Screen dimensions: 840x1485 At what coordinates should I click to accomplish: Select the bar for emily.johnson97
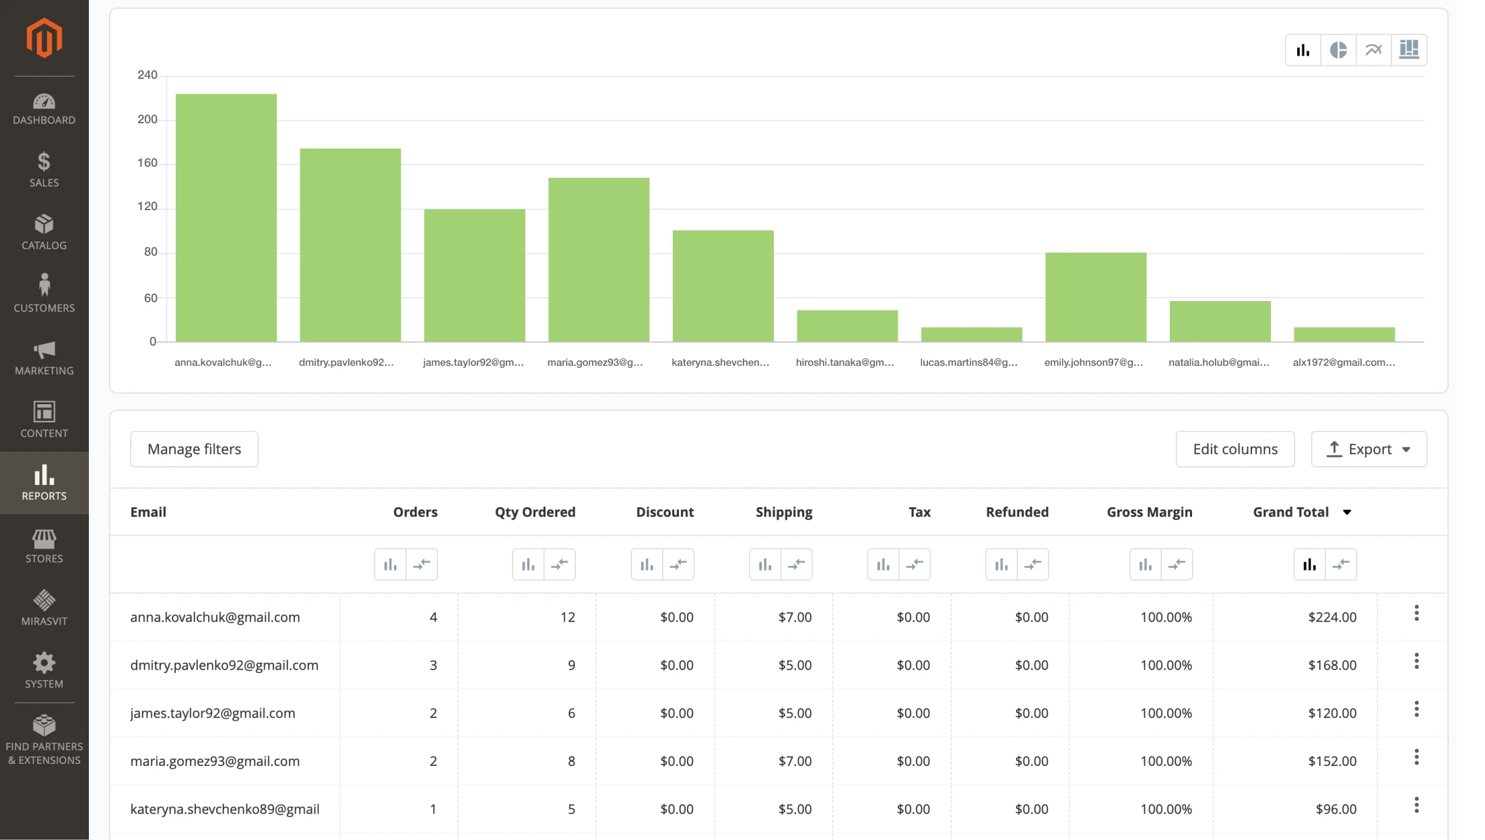[1095, 297]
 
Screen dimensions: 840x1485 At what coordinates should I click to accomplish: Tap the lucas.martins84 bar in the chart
[971, 334]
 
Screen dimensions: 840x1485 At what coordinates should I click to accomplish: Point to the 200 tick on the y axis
[147, 120]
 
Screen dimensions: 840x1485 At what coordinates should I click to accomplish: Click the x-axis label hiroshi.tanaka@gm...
[845, 362]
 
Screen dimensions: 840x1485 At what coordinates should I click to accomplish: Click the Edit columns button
[1234, 449]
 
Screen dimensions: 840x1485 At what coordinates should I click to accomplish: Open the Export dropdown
[1368, 449]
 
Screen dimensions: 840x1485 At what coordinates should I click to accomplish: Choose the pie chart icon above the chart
[1338, 50]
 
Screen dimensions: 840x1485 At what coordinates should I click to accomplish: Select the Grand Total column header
[1290, 512]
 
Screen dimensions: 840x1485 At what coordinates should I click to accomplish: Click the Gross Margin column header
[1149, 512]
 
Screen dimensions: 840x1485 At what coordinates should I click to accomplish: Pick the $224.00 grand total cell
[1331, 617]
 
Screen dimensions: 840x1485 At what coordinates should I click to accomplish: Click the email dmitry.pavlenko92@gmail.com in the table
[224, 665]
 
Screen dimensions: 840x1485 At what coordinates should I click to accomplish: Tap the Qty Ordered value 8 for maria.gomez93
[571, 761]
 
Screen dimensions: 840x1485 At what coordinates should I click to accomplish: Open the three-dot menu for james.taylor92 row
[1416, 709]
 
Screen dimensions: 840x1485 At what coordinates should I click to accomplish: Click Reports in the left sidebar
[44, 482]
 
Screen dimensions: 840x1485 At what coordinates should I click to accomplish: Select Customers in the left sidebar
[44, 294]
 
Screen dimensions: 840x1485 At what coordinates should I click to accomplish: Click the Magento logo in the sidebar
[44, 38]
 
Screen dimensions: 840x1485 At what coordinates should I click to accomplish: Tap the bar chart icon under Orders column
[391, 564]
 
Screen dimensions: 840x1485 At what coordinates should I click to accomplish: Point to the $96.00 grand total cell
[1335, 809]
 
